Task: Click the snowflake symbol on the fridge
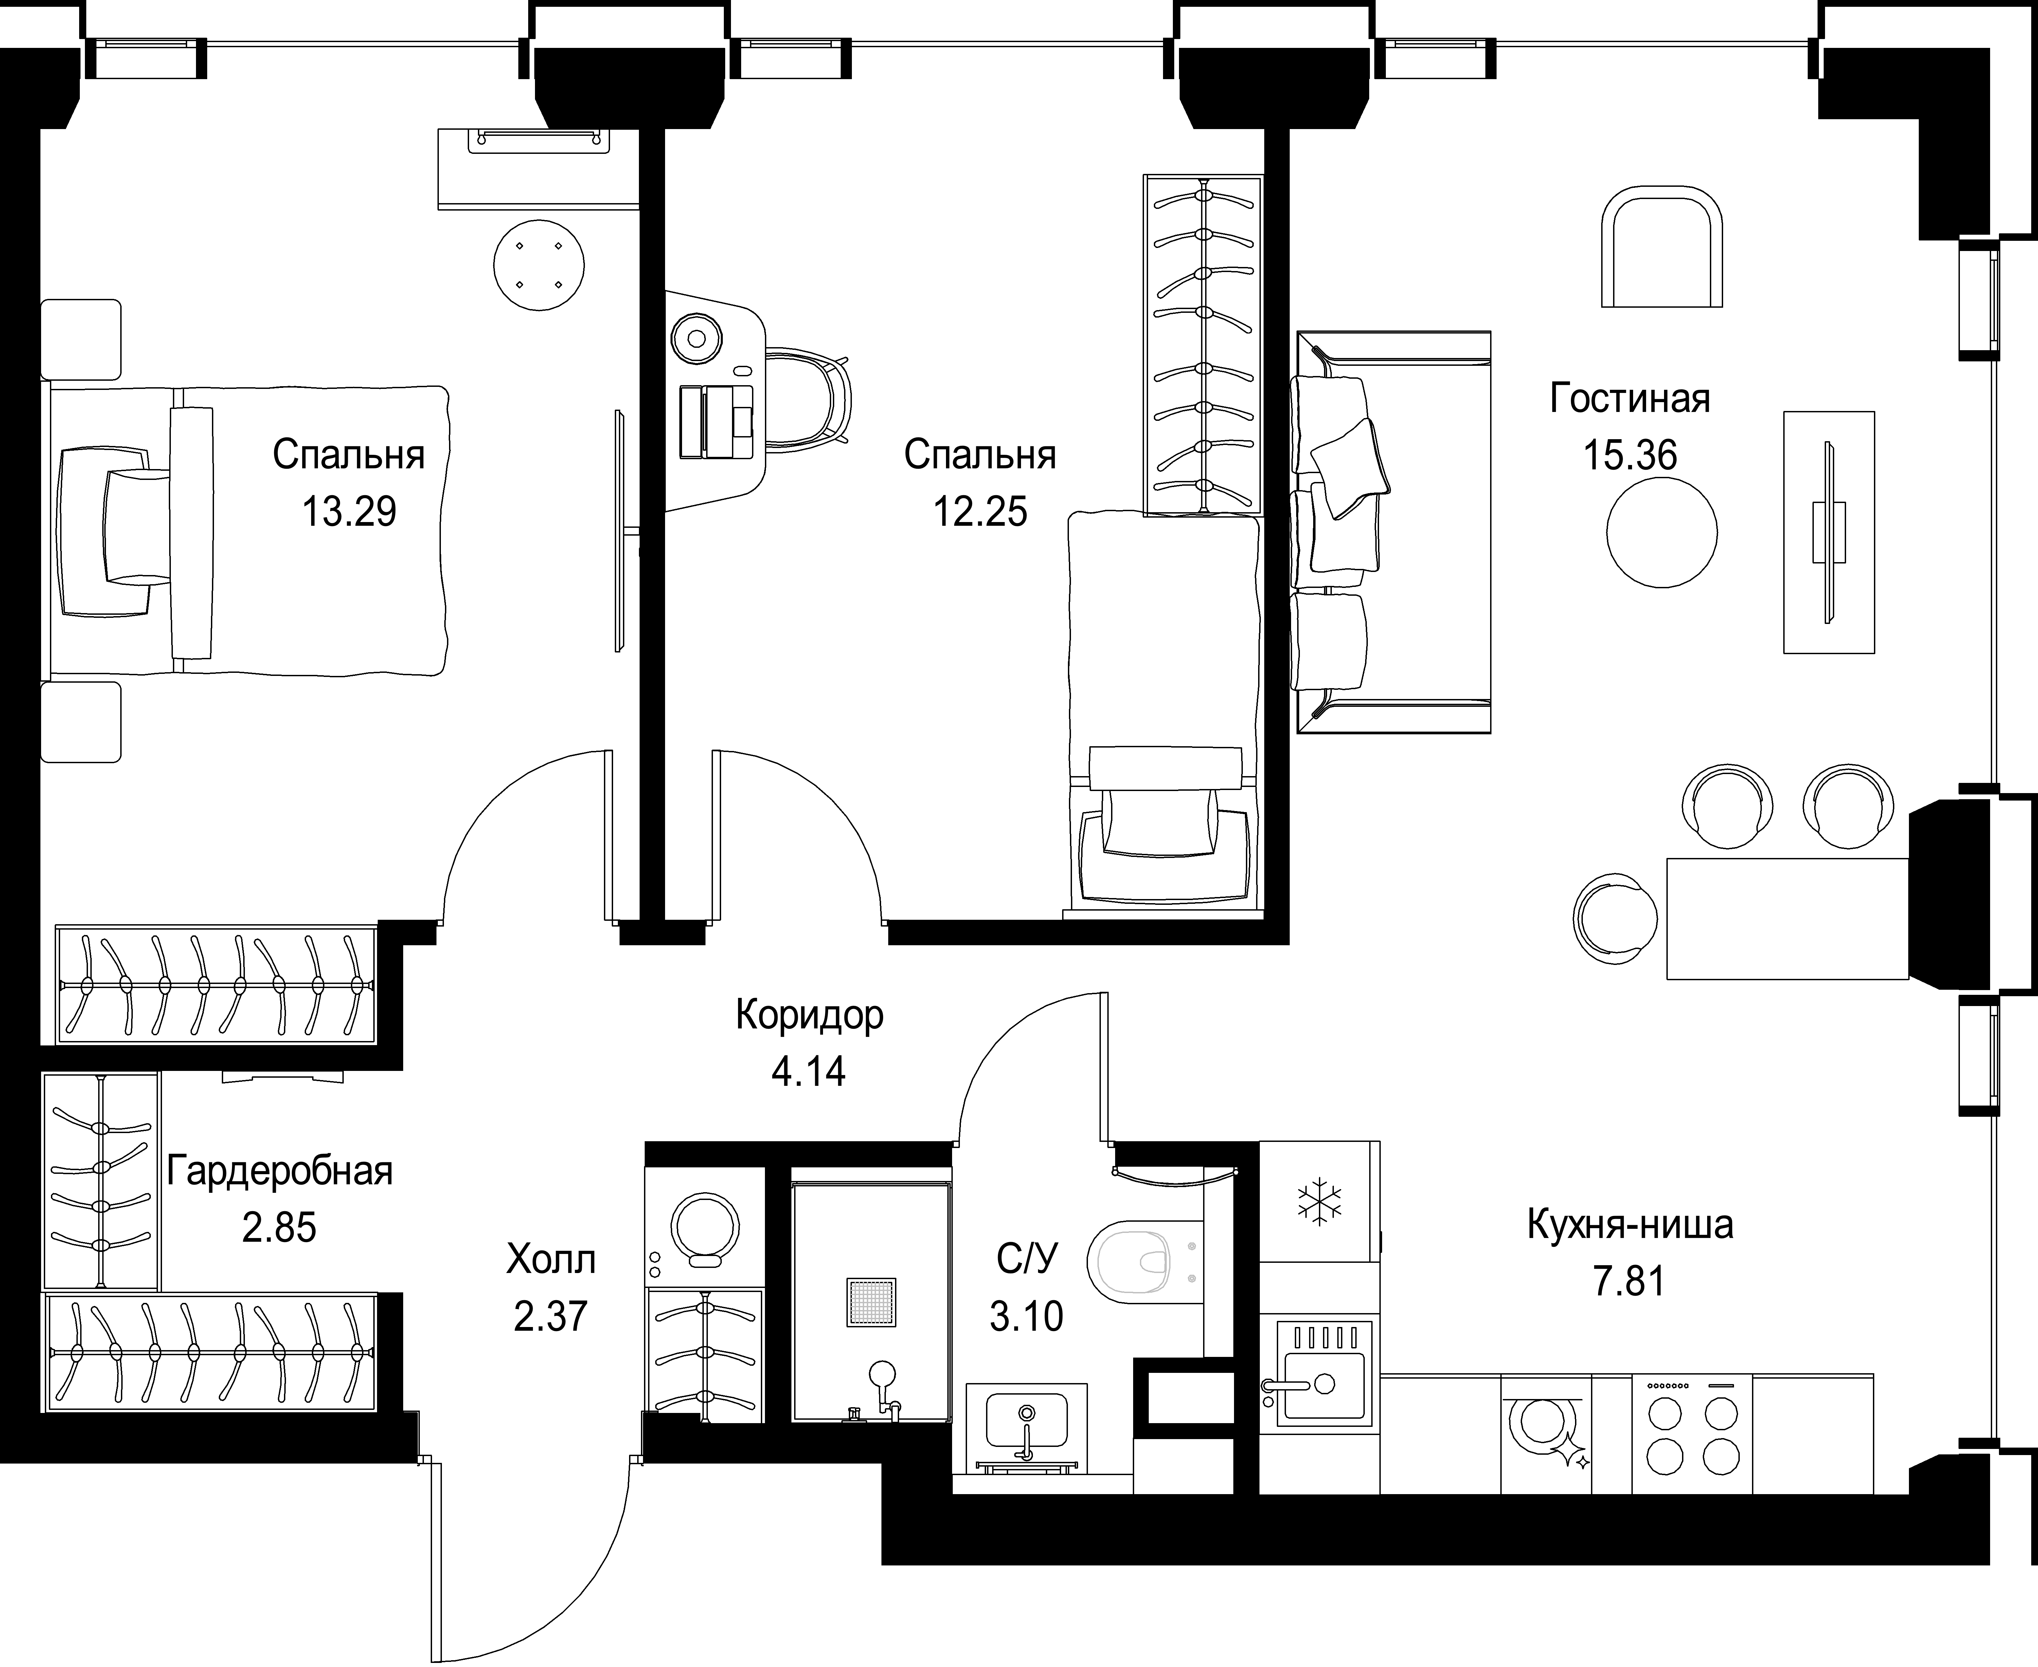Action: tap(1320, 1202)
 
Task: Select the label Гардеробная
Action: tap(280, 1171)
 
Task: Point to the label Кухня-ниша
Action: tap(1630, 1224)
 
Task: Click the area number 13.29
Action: tap(348, 512)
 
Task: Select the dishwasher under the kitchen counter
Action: tap(1546, 1433)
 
